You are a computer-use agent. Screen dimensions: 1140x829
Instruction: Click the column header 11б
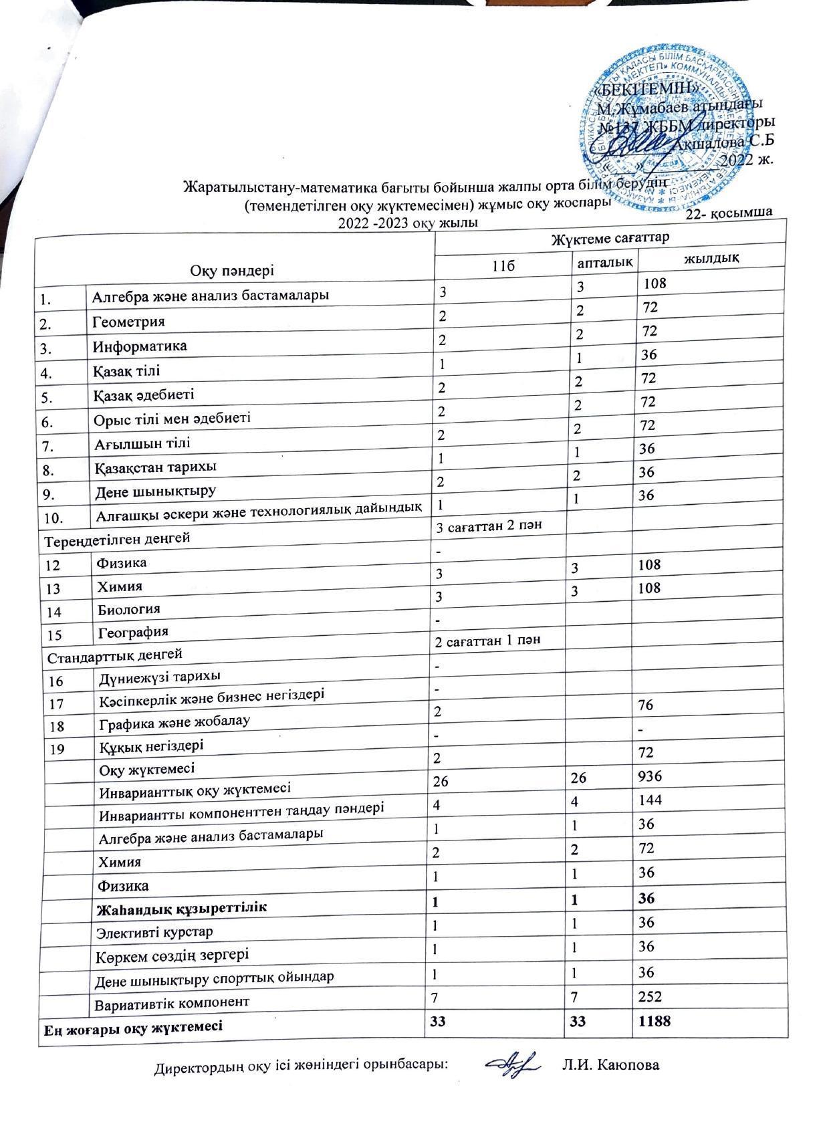503,265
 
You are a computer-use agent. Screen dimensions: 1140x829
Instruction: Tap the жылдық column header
711,258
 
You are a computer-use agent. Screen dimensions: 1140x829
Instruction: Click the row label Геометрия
129,322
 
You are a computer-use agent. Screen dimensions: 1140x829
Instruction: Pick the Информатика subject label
140,346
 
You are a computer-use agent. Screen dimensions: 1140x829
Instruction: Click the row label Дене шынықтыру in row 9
156,491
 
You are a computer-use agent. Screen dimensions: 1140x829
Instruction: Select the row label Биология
129,609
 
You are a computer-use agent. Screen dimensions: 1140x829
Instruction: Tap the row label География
133,632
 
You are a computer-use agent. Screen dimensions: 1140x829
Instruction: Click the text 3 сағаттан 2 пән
489,526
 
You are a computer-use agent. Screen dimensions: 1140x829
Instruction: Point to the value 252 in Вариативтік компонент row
649,997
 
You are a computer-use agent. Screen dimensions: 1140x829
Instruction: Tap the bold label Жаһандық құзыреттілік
182,908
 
